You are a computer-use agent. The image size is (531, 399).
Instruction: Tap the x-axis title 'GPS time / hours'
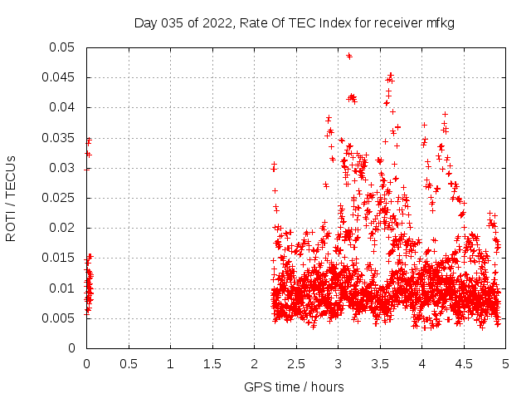pos(294,387)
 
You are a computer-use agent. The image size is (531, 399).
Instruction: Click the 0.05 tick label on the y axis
pos(63,47)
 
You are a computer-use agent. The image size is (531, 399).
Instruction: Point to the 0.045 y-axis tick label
pos(61,77)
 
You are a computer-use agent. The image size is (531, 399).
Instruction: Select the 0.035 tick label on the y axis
pos(61,138)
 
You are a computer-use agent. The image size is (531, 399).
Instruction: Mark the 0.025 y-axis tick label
pos(61,198)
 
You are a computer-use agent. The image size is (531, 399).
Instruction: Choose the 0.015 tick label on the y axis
pos(61,258)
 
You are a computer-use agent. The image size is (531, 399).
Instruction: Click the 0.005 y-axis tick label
pos(61,318)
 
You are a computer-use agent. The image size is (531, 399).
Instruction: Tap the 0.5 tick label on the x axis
pos(129,363)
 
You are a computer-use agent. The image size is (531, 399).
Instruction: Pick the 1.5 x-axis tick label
pos(212,363)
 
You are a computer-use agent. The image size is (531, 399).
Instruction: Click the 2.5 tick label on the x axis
pos(296,363)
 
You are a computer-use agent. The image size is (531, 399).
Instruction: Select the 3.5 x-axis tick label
pos(380,363)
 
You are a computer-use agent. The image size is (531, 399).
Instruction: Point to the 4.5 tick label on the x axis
pos(464,363)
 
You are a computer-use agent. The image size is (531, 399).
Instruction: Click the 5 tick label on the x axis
pos(505,363)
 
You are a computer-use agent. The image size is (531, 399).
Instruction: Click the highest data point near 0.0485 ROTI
pos(349,57)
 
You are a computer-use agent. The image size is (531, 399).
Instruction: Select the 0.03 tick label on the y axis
pos(63,168)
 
